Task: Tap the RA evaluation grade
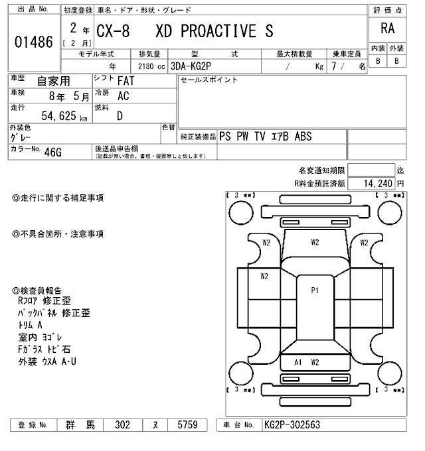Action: point(387,29)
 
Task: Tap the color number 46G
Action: point(52,152)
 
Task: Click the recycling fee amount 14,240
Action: point(377,183)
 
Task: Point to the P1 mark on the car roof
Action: point(315,290)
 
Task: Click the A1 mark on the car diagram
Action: point(298,362)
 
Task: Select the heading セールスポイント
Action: point(209,80)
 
